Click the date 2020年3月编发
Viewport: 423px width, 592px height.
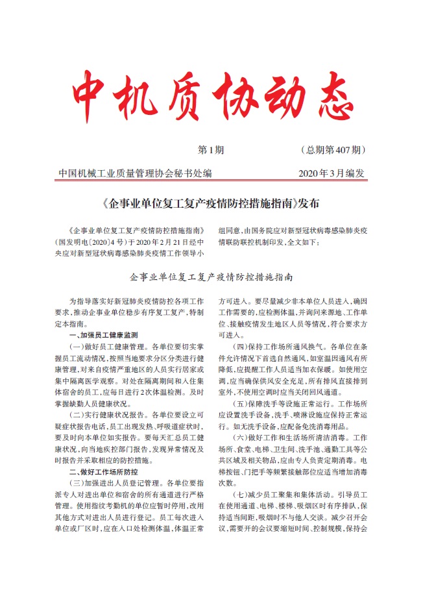(332, 173)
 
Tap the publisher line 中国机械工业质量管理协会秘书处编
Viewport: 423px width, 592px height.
(134, 173)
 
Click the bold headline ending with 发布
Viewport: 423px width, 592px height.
(211, 204)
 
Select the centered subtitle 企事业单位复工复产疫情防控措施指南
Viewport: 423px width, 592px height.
(211, 277)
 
